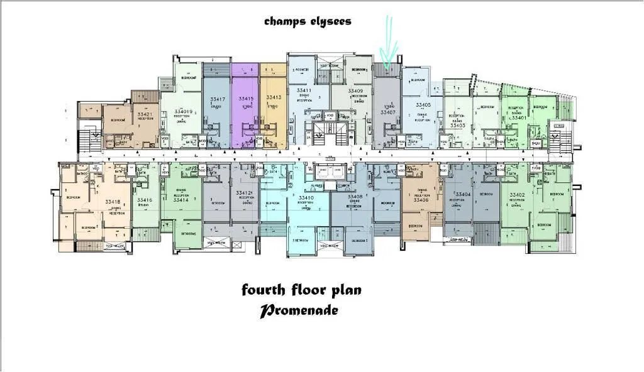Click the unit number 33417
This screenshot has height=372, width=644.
[218, 99]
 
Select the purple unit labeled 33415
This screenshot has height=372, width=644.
[245, 99]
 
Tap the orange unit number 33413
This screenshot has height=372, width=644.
[273, 98]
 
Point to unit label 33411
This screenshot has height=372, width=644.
[304, 91]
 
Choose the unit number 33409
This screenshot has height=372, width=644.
[355, 91]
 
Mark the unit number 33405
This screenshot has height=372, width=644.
[423, 105]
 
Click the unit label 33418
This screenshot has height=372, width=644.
[113, 202]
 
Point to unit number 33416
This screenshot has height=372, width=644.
[145, 200]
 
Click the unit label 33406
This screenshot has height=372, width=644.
[421, 200]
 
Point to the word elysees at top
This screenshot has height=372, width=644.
[326, 21]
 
